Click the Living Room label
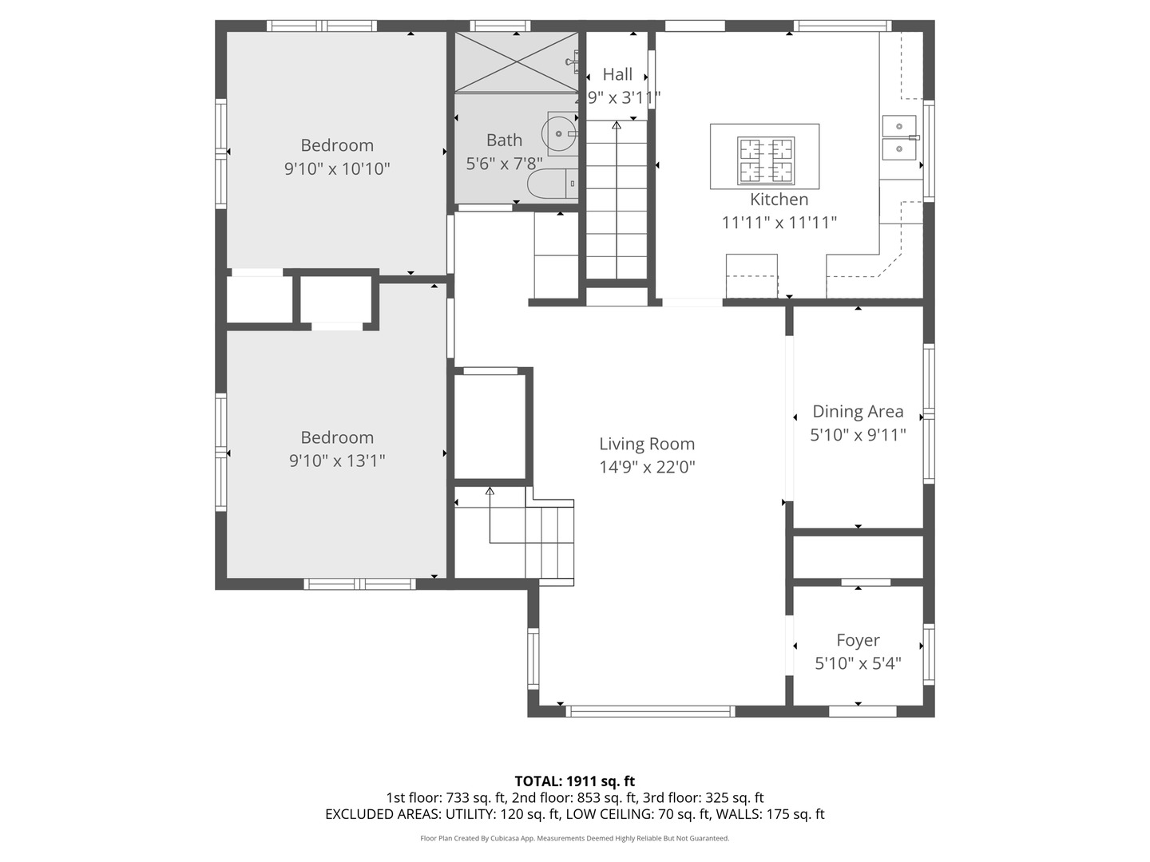pos(647,444)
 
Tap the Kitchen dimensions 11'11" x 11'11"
pos(779,223)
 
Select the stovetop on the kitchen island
pos(766,159)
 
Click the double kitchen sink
pos(899,137)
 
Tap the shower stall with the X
pos(516,62)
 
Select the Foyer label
pos(858,640)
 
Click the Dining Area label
pos(858,411)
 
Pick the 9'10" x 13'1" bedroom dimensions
pos(337,461)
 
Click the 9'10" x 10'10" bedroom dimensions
pos(337,168)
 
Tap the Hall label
pos(617,74)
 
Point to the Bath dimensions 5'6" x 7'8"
pos(504,164)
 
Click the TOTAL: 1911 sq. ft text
pos(574,781)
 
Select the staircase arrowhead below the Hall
pos(617,125)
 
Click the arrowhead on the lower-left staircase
pos(490,491)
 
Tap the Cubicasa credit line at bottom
pos(574,838)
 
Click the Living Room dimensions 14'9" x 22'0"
pos(647,467)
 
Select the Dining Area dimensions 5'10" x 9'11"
pos(858,435)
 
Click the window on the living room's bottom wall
pos(649,710)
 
